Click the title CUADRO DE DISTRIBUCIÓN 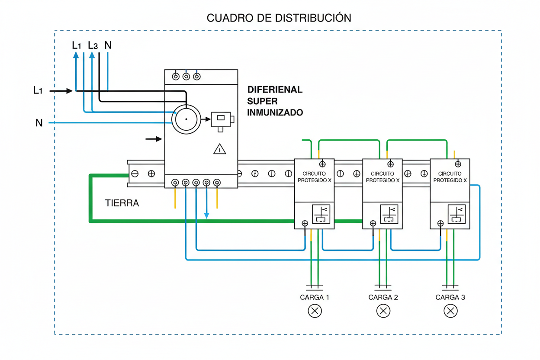(279, 18)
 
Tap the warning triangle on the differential (220, 149)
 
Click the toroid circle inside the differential (186, 119)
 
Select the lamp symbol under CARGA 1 (315, 311)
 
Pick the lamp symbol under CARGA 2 (383, 311)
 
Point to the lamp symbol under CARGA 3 (450, 311)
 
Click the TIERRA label (122, 203)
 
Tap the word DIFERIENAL (275, 90)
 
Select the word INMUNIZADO (275, 112)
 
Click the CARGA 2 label (383, 297)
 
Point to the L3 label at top (93, 45)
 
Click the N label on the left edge (39, 123)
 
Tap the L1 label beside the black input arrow (38, 91)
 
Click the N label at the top (108, 45)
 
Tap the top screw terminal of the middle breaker (390, 164)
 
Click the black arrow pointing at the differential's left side (153, 139)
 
